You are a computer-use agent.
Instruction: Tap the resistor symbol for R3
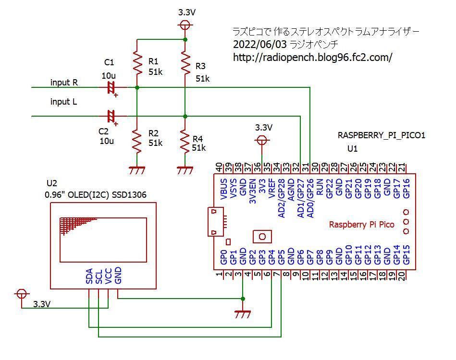[x=185, y=61]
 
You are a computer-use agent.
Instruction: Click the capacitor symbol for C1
[x=111, y=87]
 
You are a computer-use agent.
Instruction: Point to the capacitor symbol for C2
[x=111, y=116]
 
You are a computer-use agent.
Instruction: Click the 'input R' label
[x=64, y=83]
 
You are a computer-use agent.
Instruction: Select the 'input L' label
[x=64, y=102]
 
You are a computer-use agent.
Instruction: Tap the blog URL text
[x=312, y=57]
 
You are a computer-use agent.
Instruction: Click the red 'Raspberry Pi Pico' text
[x=361, y=224]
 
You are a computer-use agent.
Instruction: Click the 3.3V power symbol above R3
[x=185, y=25]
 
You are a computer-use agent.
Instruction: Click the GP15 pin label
[x=407, y=255]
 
